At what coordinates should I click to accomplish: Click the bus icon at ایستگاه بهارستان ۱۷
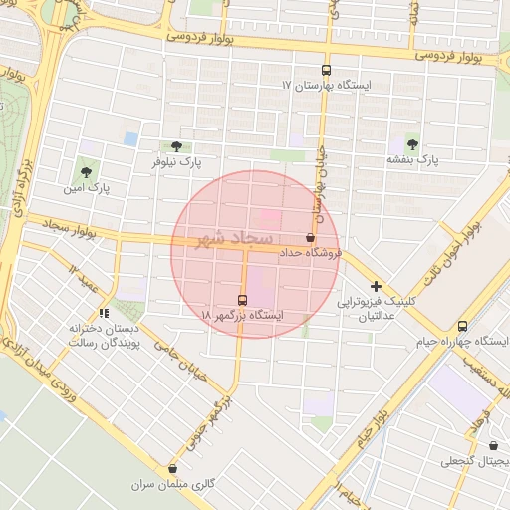(327, 70)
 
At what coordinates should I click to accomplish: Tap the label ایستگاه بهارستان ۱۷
(328, 87)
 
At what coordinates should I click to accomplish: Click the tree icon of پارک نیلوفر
(176, 146)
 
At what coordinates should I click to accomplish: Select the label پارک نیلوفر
(176, 161)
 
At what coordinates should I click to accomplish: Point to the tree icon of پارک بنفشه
(412, 144)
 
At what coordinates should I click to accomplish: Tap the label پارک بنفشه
(412, 159)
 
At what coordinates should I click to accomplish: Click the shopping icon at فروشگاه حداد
(310, 239)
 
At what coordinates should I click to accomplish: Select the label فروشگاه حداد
(311, 254)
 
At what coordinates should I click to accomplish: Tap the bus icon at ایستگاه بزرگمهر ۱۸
(243, 300)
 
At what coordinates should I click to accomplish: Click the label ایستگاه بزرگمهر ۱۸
(243, 315)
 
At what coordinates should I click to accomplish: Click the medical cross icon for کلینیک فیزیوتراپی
(376, 286)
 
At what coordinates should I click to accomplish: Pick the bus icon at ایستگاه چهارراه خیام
(462, 326)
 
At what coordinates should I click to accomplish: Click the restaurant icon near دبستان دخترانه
(104, 314)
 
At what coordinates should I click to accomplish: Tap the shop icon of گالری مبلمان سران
(173, 469)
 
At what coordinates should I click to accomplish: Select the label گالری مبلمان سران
(174, 484)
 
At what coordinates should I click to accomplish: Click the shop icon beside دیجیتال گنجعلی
(495, 446)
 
